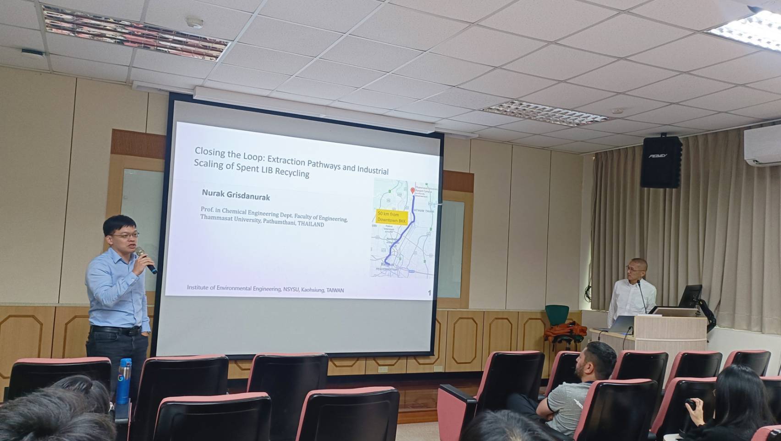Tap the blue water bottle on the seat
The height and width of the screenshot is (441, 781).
tap(124, 381)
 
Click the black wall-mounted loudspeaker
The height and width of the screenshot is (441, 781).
tap(661, 162)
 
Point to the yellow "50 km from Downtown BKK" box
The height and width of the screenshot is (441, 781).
tap(391, 217)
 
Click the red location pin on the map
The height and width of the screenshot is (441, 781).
tap(412, 191)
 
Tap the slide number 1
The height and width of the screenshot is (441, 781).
tap(429, 293)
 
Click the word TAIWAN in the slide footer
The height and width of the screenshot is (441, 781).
tap(335, 290)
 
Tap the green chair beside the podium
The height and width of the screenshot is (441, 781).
tap(557, 317)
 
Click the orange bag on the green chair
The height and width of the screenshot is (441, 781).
tap(566, 332)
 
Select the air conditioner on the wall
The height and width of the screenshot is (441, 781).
tap(762, 145)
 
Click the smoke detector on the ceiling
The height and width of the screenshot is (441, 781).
tap(195, 22)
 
